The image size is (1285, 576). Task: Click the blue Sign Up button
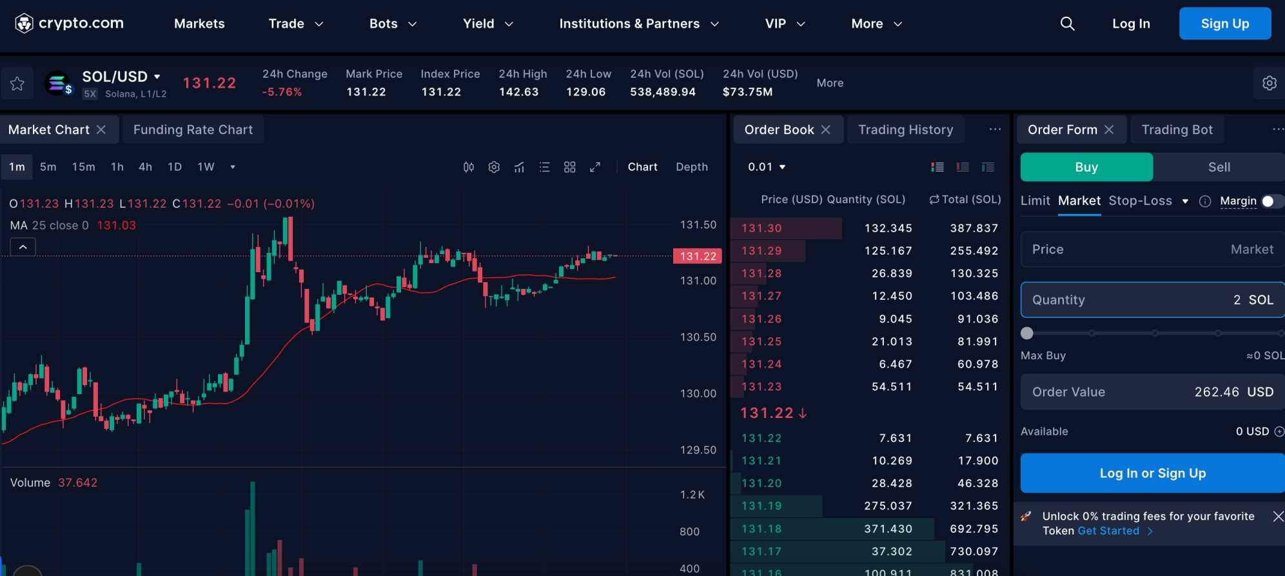click(x=1224, y=24)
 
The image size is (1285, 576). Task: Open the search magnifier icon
click(x=1067, y=24)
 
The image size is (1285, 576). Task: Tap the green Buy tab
click(x=1086, y=167)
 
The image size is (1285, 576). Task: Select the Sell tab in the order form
click(x=1219, y=167)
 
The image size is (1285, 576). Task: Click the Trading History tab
click(x=905, y=130)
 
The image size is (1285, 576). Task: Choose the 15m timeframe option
click(x=83, y=167)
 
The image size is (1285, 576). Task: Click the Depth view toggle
click(x=691, y=167)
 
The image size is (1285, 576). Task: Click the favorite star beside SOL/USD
click(x=17, y=83)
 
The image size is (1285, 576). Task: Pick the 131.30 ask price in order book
click(x=761, y=228)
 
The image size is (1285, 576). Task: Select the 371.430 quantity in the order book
click(x=888, y=529)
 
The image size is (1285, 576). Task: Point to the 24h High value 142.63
click(x=518, y=92)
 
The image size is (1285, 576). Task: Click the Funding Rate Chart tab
click(x=193, y=130)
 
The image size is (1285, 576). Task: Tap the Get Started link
click(x=1108, y=531)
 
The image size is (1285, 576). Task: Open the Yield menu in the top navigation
click(x=487, y=24)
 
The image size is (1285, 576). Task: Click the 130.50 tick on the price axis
click(x=698, y=337)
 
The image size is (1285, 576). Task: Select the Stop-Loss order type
click(x=1140, y=201)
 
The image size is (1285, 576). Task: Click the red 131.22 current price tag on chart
click(x=698, y=256)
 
